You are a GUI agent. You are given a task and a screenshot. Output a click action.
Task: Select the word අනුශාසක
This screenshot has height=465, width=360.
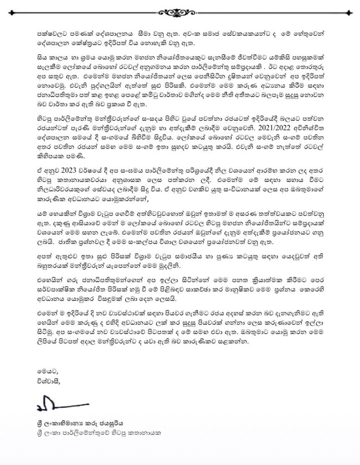(x=127, y=192)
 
